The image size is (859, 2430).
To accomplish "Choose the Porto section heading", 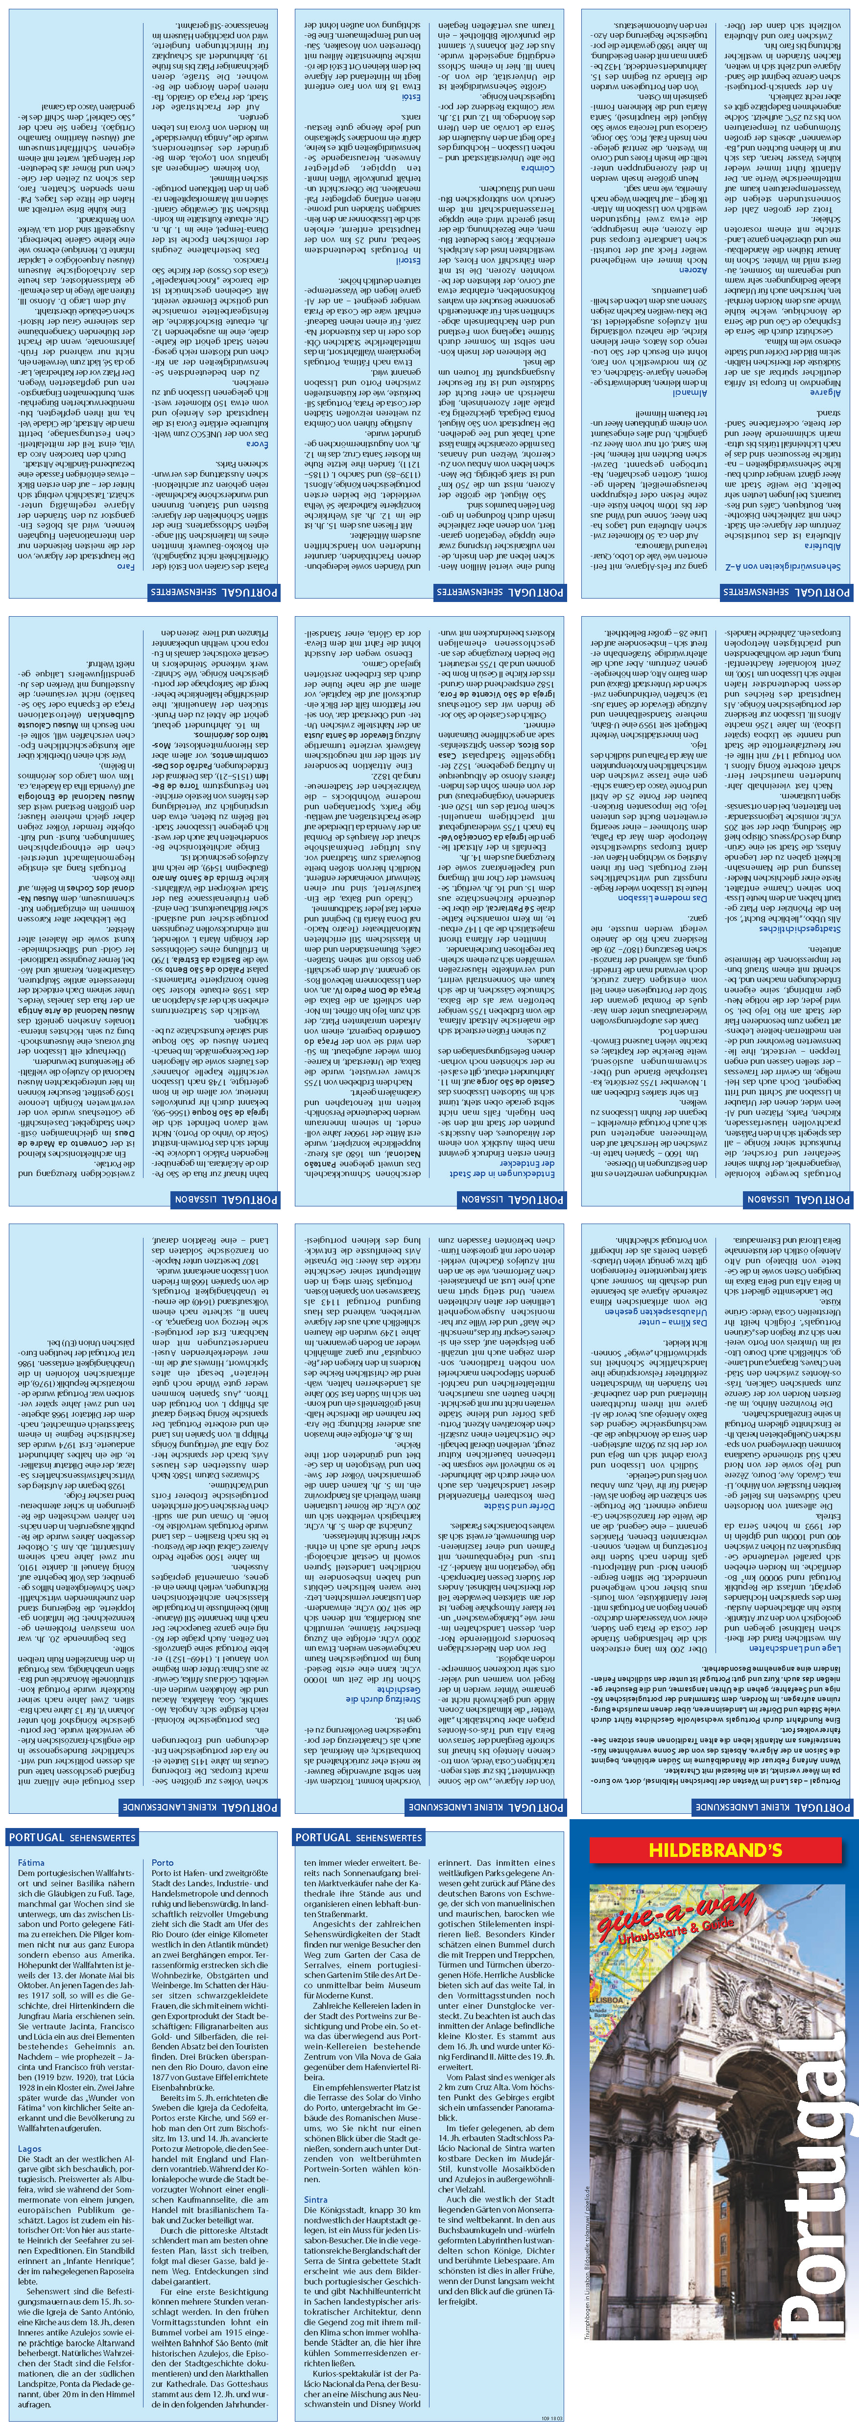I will click(162, 1863).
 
